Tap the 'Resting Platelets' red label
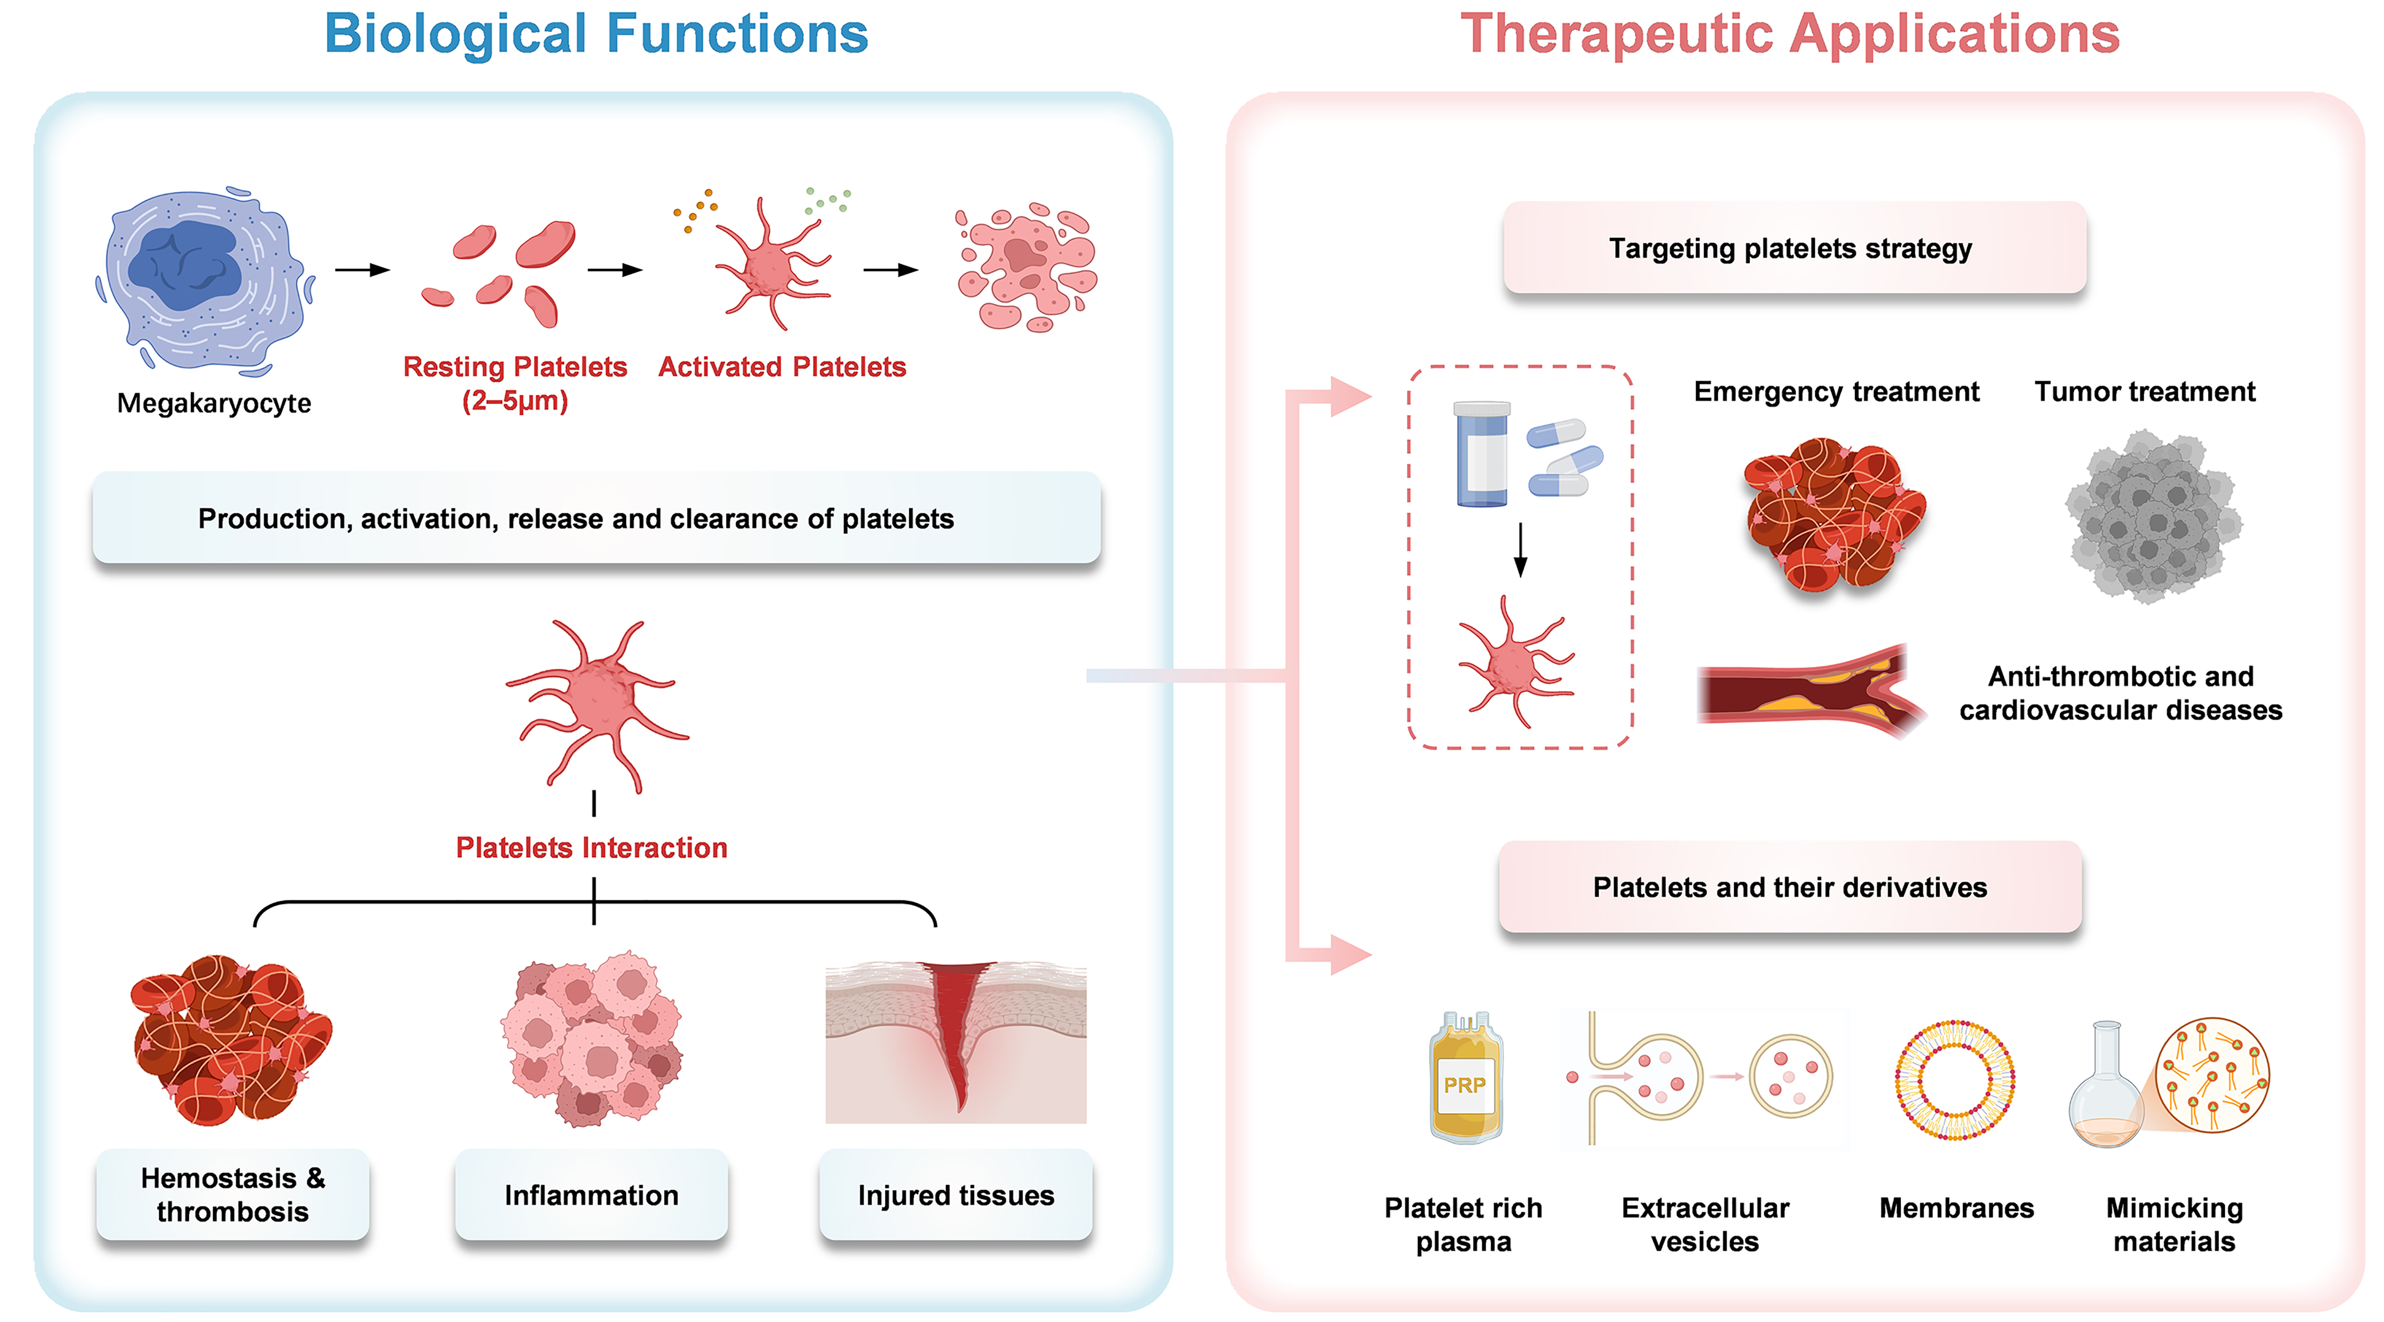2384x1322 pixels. (514, 367)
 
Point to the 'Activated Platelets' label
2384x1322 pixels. (782, 367)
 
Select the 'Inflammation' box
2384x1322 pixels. (591, 1195)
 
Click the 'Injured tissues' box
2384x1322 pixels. (956, 1195)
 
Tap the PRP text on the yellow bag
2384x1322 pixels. (1464, 1085)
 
